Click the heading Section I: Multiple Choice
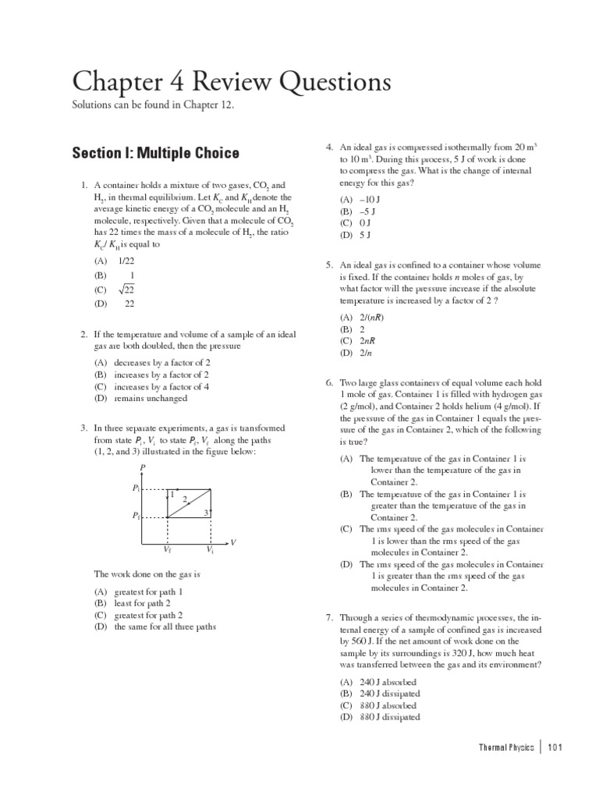(155, 153)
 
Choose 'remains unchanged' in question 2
(151, 398)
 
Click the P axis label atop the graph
(141, 467)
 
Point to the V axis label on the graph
(233, 542)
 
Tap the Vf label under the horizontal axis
(167, 550)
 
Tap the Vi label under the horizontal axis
(210, 550)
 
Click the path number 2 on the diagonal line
(184, 499)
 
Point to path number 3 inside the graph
(205, 512)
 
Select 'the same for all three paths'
(165, 626)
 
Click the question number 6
(329, 383)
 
